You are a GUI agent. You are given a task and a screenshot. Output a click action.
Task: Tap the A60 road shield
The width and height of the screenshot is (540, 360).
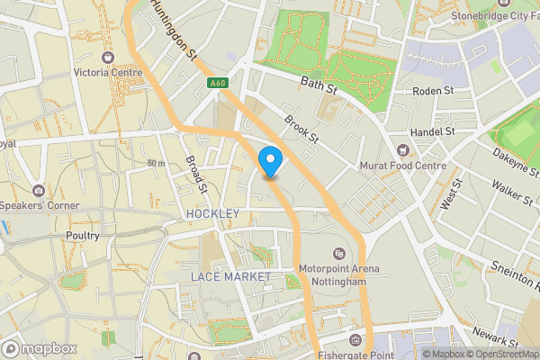pyautogui.click(x=216, y=84)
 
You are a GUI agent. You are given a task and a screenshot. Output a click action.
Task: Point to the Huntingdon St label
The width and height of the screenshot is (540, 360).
pyautogui.click(x=175, y=29)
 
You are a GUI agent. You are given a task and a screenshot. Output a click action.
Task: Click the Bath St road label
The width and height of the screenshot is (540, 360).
pyautogui.click(x=318, y=86)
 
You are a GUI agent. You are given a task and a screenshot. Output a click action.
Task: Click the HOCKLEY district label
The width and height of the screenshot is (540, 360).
pyautogui.click(x=212, y=213)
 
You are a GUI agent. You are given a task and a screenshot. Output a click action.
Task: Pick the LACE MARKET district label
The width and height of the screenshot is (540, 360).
pyautogui.click(x=230, y=276)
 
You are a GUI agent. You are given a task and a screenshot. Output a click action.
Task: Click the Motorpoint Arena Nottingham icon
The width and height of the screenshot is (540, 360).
pyautogui.click(x=339, y=253)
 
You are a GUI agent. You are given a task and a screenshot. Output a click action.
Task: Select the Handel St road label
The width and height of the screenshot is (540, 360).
pyautogui.click(x=432, y=131)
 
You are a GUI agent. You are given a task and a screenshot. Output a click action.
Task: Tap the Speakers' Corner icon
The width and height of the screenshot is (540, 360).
pyautogui.click(x=38, y=190)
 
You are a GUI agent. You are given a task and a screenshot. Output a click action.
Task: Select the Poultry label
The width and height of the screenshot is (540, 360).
pyautogui.click(x=82, y=235)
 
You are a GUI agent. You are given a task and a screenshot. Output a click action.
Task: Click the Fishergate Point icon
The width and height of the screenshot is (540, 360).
pyautogui.click(x=356, y=340)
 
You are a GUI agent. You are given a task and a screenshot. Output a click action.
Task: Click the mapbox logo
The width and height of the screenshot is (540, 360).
pyautogui.click(x=40, y=348)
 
